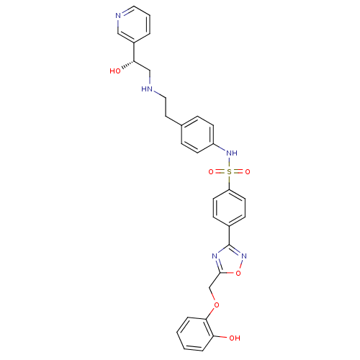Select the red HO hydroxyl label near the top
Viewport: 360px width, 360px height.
(x=115, y=71)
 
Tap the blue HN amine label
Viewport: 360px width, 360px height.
(x=148, y=90)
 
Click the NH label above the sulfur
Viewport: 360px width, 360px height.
(x=231, y=153)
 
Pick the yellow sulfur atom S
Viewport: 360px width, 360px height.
(x=229, y=172)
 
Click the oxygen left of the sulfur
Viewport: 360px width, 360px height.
(x=211, y=172)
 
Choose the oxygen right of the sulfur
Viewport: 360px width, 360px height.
(x=248, y=172)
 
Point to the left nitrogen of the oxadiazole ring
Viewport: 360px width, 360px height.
(x=215, y=255)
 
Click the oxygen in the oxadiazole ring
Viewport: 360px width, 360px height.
(x=238, y=272)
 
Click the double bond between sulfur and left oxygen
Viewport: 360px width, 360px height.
(x=220, y=172)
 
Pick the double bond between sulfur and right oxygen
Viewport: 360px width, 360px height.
(x=238, y=172)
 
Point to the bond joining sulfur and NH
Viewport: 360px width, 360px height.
(x=229, y=163)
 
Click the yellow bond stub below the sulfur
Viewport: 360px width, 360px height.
(x=229, y=180)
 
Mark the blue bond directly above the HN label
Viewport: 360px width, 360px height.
(x=149, y=80)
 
